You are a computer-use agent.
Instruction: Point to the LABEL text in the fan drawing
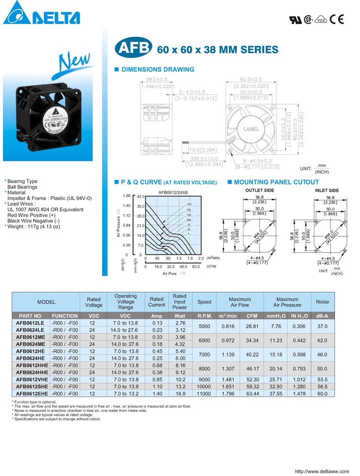pos(251,129)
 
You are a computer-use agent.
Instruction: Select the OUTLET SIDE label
pos(259,190)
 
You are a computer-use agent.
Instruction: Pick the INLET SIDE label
pos(327,190)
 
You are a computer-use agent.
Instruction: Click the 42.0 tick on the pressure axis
pos(141,196)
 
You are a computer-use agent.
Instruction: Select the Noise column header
pos(322,302)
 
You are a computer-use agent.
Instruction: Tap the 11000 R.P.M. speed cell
pos(204,393)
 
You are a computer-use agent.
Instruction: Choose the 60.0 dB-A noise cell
pos(322,393)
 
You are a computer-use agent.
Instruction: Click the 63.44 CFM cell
pos(252,393)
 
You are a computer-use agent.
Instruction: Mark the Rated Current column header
pos(156,302)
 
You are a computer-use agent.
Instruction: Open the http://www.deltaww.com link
pos(322,471)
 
